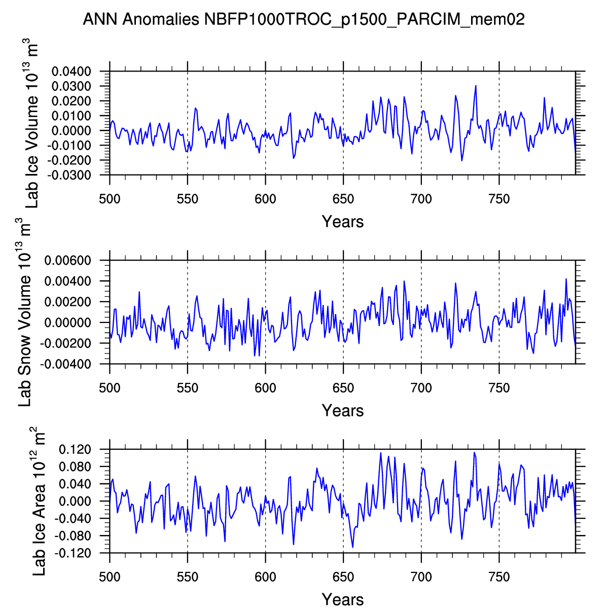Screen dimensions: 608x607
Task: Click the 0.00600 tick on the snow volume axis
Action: [x=75, y=261]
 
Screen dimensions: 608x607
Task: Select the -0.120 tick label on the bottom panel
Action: [x=80, y=553]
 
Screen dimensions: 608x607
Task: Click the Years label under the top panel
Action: [x=343, y=222]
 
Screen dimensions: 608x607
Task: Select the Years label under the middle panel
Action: [x=343, y=411]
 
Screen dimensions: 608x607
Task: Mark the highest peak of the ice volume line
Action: [x=476, y=86]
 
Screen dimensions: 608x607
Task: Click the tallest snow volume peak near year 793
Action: [x=566, y=279]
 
